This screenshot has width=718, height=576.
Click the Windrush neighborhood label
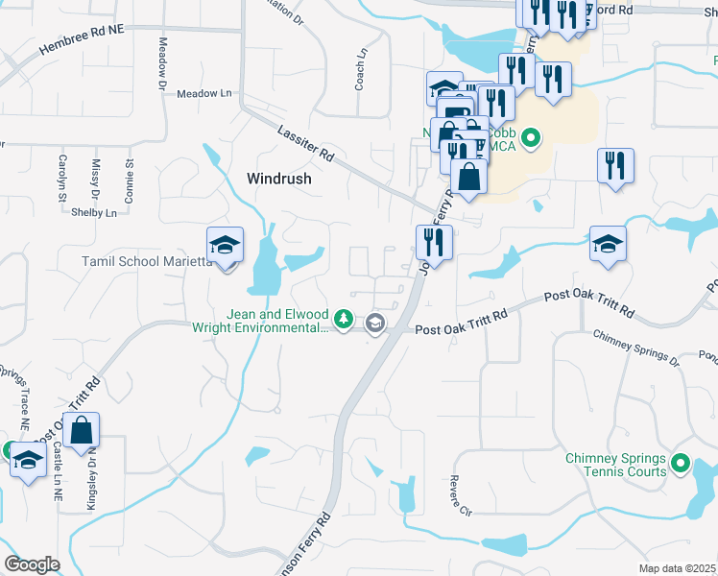(x=279, y=178)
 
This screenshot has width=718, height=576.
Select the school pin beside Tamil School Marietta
(x=225, y=247)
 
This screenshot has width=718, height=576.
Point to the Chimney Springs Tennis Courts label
(x=616, y=465)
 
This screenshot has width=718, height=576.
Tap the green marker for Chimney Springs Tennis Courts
(x=682, y=465)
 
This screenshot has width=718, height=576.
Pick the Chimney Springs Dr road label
(x=635, y=347)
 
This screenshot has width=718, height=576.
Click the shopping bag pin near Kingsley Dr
(x=81, y=432)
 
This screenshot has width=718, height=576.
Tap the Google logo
(x=33, y=564)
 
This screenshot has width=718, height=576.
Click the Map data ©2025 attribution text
(x=677, y=568)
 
